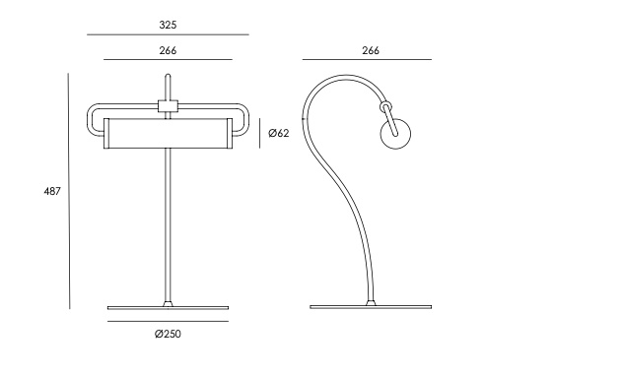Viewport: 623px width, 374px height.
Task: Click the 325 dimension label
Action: (x=168, y=25)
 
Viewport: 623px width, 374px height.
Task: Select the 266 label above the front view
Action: (x=168, y=51)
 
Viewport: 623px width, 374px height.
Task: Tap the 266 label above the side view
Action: (x=371, y=51)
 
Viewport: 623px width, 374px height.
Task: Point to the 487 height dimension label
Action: (x=52, y=191)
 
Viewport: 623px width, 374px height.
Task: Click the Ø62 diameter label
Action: (x=279, y=133)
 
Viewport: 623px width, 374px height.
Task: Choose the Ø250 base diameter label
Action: (x=168, y=334)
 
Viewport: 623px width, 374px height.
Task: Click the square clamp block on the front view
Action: (x=168, y=106)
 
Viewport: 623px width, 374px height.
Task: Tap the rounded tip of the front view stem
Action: (x=168, y=76)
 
